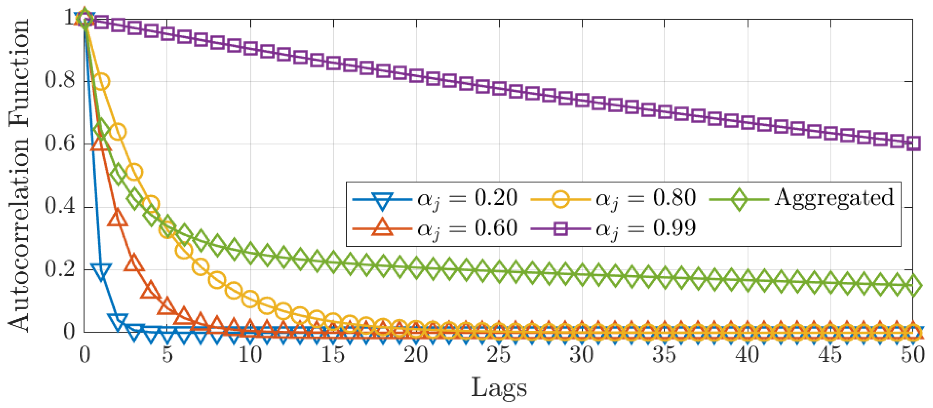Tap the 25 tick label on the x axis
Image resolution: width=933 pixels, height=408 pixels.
pos(499,355)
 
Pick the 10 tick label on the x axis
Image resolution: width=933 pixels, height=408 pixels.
pos(250,355)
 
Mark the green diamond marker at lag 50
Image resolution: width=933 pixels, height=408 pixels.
pos(913,285)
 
